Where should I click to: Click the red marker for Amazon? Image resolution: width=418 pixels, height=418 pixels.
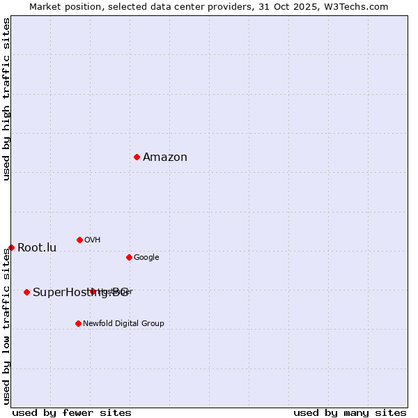point(137,157)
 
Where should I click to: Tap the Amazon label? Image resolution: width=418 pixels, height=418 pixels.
point(165,157)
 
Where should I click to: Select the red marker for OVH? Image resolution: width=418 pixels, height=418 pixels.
point(79,240)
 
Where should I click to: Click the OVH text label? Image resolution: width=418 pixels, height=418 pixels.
point(93,240)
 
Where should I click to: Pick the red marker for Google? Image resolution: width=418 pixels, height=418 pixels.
point(129,257)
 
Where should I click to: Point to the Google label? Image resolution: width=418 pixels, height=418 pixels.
point(146,258)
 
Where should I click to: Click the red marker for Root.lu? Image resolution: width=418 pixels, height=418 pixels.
point(11,247)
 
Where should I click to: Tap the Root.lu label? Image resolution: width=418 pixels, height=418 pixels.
point(37,248)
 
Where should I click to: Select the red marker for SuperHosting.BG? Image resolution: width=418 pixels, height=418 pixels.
point(26,292)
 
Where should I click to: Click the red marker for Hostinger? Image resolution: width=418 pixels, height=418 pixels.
point(92,291)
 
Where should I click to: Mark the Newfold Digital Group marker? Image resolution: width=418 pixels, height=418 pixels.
point(78,323)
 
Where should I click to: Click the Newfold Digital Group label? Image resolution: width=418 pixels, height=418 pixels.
point(123,324)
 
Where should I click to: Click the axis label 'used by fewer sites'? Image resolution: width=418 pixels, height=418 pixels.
point(72,413)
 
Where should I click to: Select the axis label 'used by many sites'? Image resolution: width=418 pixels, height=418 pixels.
point(350,413)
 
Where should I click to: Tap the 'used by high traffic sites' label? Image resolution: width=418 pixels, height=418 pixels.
point(7,99)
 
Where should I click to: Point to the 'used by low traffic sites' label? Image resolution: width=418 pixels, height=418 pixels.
point(7,326)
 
